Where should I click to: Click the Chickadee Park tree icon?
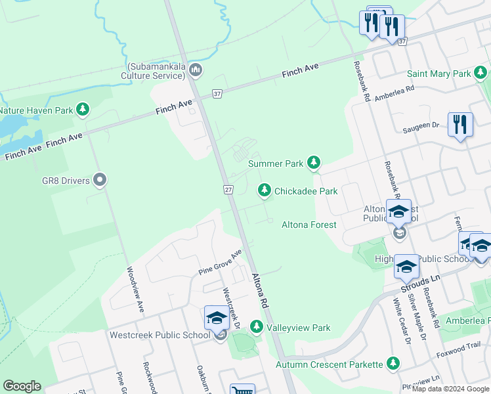click(264, 190)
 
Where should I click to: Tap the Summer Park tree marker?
click(314, 162)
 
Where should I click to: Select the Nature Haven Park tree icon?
click(83, 110)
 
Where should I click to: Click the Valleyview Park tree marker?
click(256, 327)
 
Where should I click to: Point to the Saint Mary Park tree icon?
click(481, 73)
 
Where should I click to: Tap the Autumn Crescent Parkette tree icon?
click(393, 363)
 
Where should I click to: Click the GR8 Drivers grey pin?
click(100, 179)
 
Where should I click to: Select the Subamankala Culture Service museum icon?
click(195, 70)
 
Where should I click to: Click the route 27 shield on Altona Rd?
click(227, 189)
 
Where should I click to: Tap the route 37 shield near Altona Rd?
click(217, 94)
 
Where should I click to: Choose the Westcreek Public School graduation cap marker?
click(217, 318)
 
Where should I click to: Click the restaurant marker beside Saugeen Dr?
click(460, 124)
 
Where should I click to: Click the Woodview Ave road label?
click(135, 289)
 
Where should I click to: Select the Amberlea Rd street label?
click(394, 93)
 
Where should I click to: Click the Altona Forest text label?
click(309, 225)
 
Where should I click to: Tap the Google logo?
click(22, 386)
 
